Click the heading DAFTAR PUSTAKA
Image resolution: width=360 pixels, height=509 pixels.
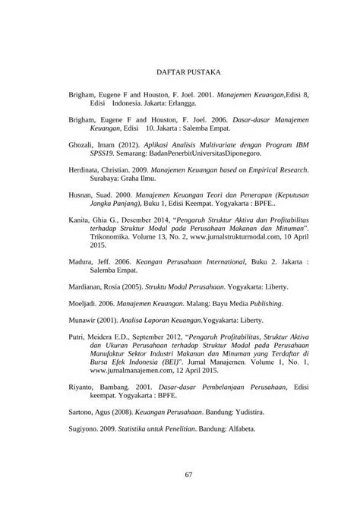(x=188, y=73)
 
